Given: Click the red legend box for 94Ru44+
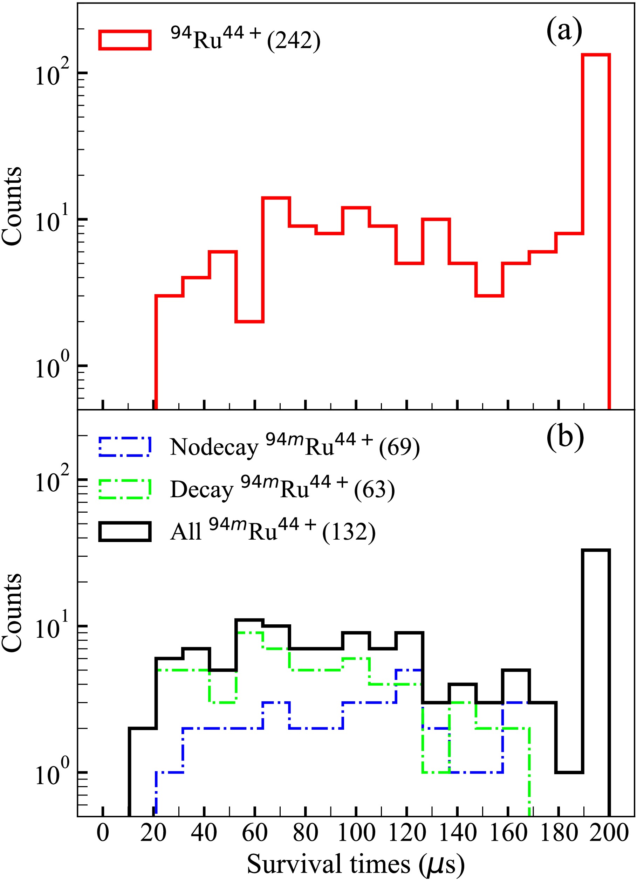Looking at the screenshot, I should coord(125,40).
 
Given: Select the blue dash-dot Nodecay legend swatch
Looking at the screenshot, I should coord(125,447).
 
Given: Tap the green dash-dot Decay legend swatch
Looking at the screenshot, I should coord(125,489).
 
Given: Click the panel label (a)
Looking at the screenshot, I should coord(564,32).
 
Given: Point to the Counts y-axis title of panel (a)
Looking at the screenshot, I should coord(12,206).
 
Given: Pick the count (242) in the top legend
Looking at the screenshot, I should coord(294,40).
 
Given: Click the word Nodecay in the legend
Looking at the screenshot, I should coord(214,448).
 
